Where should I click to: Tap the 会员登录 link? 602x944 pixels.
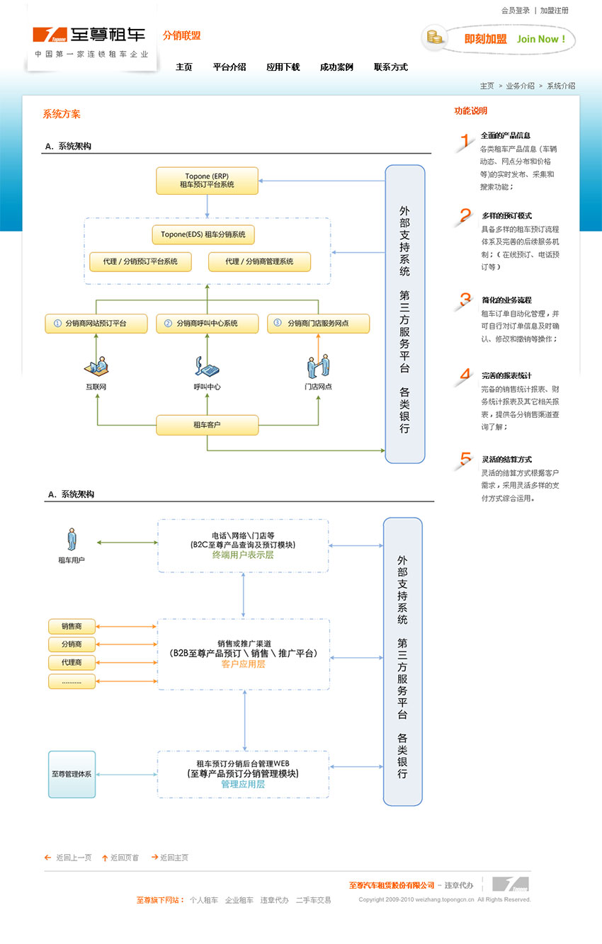pyautogui.click(x=515, y=11)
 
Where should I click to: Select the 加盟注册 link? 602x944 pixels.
pyautogui.click(x=554, y=11)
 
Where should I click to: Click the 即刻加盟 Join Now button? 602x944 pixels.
pyautogui.click(x=499, y=39)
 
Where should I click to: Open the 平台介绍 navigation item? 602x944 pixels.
pyautogui.click(x=229, y=67)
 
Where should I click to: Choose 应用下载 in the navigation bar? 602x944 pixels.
pyautogui.click(x=283, y=67)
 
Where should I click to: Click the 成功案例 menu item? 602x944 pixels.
pyautogui.click(x=336, y=67)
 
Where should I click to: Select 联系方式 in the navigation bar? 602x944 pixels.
pyautogui.click(x=391, y=67)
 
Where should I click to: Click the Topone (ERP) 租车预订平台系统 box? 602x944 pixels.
pyautogui.click(x=207, y=181)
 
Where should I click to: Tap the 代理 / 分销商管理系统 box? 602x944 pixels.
pyautogui.click(x=259, y=261)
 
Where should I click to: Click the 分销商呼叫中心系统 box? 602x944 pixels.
pyautogui.click(x=207, y=324)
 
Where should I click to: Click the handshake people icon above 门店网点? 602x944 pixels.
pyautogui.click(x=318, y=367)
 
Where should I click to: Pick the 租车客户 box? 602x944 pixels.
pyautogui.click(x=207, y=425)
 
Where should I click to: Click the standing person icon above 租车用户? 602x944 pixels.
pyautogui.click(x=71, y=539)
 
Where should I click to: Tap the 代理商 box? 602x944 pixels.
pyautogui.click(x=72, y=663)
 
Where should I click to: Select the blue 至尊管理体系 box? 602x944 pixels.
pyautogui.click(x=72, y=774)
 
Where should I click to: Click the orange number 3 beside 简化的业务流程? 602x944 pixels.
pyautogui.click(x=465, y=299)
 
